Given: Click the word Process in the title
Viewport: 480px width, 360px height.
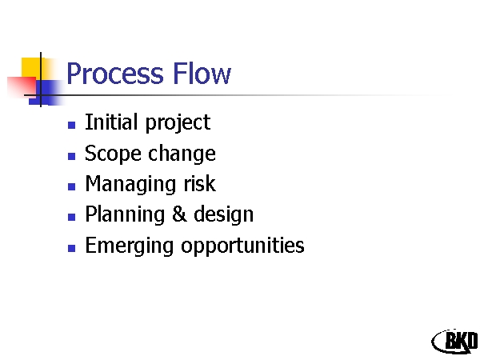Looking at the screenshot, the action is click(115, 74).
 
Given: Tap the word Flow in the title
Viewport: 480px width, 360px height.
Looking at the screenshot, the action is click(202, 73).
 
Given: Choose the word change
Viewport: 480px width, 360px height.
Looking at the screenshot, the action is click(182, 154).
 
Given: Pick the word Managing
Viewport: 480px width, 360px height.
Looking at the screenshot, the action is click(130, 185).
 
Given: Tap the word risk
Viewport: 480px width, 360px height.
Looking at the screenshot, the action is click(200, 184).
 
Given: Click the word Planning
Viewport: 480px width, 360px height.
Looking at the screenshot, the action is click(125, 215).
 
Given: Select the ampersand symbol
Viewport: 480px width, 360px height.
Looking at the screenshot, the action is click(179, 214).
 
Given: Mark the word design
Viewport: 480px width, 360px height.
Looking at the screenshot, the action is click(224, 215).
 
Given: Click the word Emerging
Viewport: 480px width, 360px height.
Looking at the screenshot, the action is click(130, 246).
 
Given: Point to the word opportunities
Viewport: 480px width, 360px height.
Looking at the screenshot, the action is click(242, 246).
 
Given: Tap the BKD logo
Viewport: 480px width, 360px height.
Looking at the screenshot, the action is click(455, 342).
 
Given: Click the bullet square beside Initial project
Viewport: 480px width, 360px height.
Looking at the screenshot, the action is click(72, 125).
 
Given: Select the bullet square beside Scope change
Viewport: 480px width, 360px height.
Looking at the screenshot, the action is click(72, 156).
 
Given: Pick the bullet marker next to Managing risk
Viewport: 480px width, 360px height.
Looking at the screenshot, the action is click(72, 186).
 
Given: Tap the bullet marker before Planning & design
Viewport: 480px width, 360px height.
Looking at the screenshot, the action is click(72, 217).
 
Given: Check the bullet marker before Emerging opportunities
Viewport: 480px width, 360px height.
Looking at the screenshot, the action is click(72, 248).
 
